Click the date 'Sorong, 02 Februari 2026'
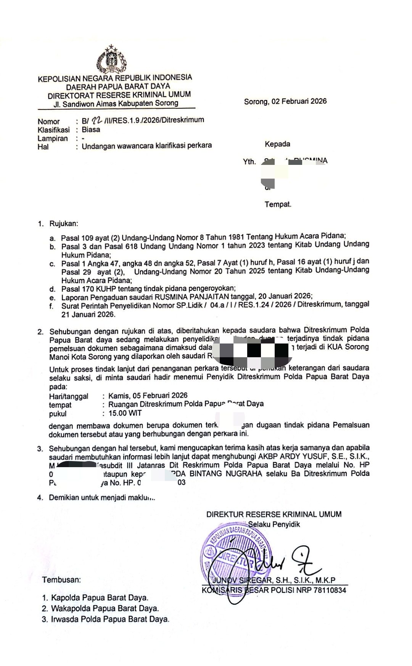tap(285, 101)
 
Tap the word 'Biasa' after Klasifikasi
tap(91, 129)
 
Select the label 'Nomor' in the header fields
tap(48, 122)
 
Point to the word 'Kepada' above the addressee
tap(277, 144)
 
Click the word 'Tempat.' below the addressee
tap(278, 204)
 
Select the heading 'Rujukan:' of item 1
tap(63, 224)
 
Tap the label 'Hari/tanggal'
tap(69, 396)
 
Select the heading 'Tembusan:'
tap(61, 580)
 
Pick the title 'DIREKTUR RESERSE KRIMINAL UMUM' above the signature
tap(274, 514)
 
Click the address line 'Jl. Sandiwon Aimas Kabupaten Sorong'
tap(116, 103)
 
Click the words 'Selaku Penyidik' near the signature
tap(274, 524)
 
